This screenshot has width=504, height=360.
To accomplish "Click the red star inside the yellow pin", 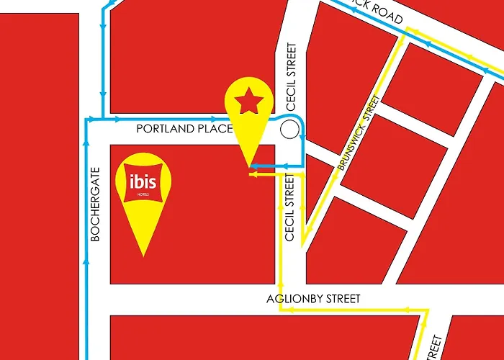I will point(248,103).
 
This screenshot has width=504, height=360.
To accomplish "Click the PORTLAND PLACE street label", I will point(184,129).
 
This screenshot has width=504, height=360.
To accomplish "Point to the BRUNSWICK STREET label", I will point(358,132).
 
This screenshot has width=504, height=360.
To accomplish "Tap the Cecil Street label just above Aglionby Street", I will point(291,217).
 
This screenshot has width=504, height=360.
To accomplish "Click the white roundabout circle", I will point(289,130).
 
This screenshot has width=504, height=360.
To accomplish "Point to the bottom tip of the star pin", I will point(249,167).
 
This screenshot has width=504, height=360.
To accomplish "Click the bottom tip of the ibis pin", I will point(144,255).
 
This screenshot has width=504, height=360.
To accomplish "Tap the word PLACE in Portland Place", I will point(217,129).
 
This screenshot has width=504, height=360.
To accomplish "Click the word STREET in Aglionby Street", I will point(342,298).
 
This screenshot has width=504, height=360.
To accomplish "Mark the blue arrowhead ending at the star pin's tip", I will point(252,167).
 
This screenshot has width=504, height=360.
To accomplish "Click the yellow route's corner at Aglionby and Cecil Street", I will point(280,310).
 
